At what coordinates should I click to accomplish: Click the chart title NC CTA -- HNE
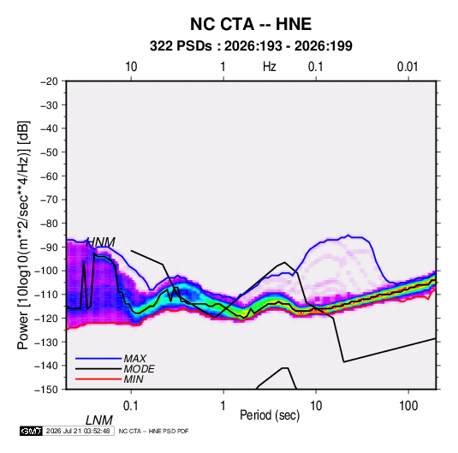(251, 24)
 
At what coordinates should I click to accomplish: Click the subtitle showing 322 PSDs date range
(251, 46)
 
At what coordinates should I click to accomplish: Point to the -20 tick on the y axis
(49, 81)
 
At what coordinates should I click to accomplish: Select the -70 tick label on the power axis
(49, 200)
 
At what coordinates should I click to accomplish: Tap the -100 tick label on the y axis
(46, 271)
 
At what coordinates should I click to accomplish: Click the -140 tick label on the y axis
(46, 366)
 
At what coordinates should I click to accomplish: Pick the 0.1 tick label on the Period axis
(130, 405)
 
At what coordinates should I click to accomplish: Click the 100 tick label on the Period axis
(408, 405)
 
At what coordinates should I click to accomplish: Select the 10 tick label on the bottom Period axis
(316, 405)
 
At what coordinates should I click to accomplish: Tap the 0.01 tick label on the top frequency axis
(407, 67)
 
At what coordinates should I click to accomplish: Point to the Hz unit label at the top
(270, 67)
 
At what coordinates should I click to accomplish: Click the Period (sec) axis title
(270, 415)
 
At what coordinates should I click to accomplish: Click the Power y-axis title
(23, 235)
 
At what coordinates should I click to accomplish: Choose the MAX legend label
(134, 358)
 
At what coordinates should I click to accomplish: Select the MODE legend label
(139, 369)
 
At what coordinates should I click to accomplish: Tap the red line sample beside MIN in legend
(98, 379)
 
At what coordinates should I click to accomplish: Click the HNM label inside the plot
(101, 242)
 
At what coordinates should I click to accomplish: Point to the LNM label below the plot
(99, 420)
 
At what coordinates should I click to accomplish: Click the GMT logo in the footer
(31, 431)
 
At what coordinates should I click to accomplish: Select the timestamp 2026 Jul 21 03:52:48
(78, 431)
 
